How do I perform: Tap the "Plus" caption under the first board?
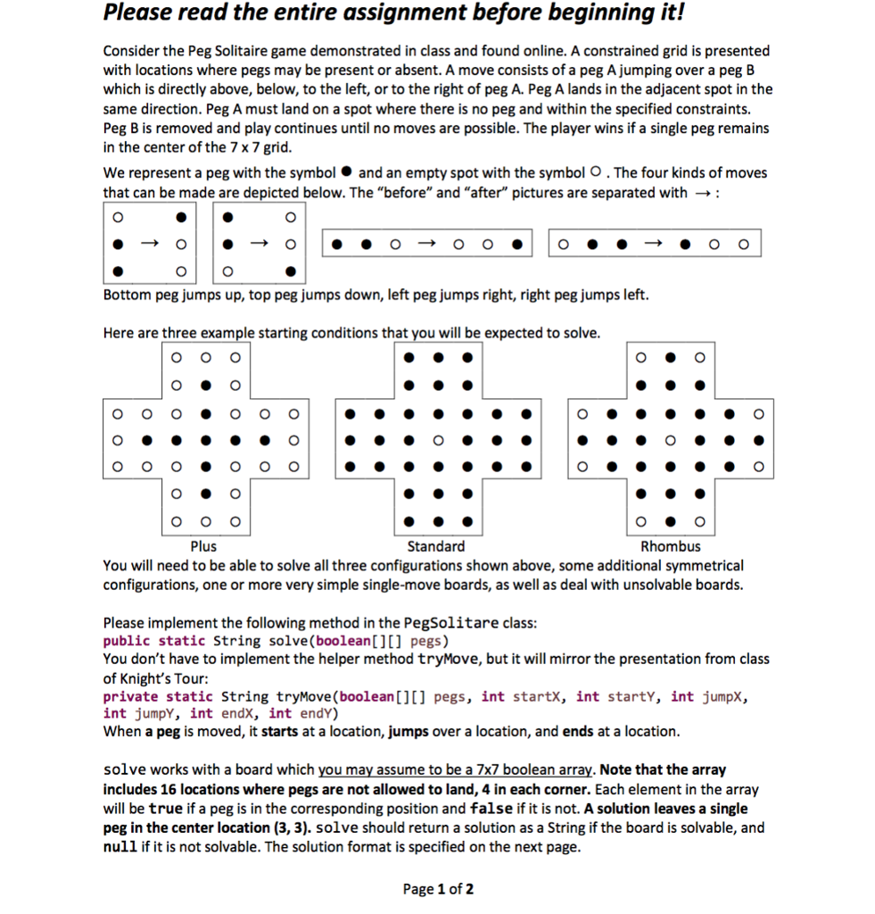(x=203, y=546)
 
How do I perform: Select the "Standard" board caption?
(x=435, y=546)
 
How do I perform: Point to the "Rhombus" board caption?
(x=671, y=546)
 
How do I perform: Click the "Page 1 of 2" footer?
(x=438, y=889)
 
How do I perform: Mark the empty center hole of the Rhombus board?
(x=670, y=439)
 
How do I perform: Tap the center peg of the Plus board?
(x=204, y=439)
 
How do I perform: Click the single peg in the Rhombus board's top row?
(x=670, y=358)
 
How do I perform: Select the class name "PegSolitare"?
(x=452, y=623)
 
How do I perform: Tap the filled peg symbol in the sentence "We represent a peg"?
(x=347, y=173)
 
